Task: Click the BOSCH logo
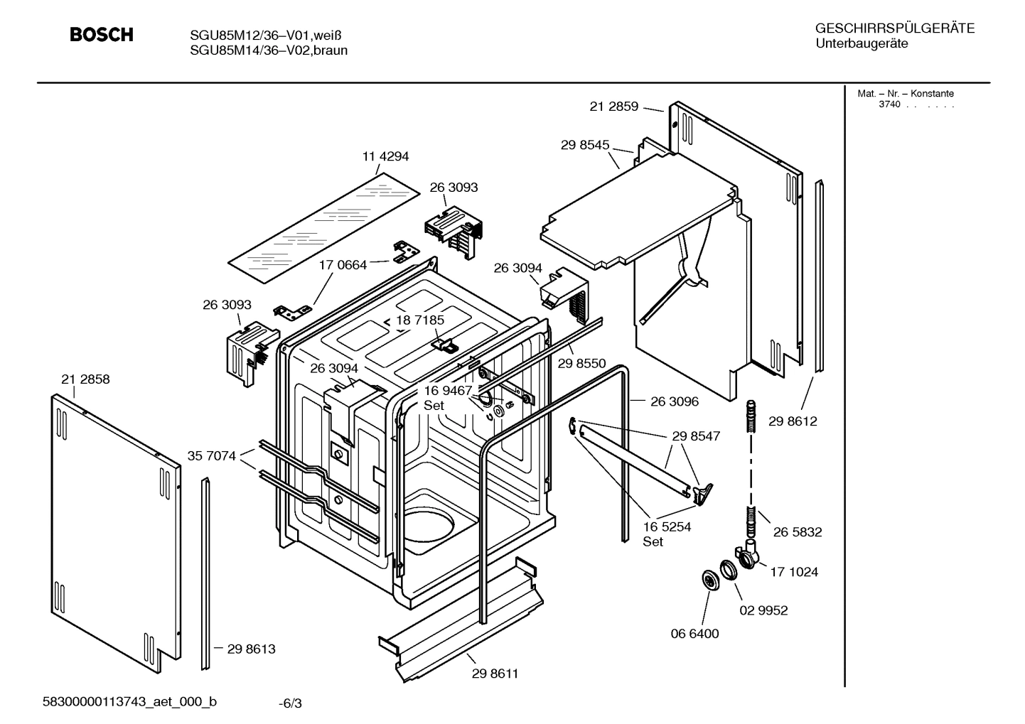(x=101, y=35)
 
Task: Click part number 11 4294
(x=385, y=156)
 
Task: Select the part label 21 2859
(x=614, y=107)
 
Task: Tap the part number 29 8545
(x=585, y=145)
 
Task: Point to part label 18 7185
(x=420, y=320)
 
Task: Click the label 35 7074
(x=211, y=456)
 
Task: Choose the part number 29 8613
(x=251, y=649)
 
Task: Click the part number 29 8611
(x=495, y=674)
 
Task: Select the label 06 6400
(x=694, y=634)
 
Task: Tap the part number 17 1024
(x=794, y=572)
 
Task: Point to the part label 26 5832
(x=798, y=532)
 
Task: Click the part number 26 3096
(x=674, y=401)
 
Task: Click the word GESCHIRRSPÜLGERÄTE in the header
(x=895, y=28)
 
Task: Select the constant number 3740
(x=889, y=104)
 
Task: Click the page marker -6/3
(x=290, y=703)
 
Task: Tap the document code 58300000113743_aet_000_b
(x=131, y=702)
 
